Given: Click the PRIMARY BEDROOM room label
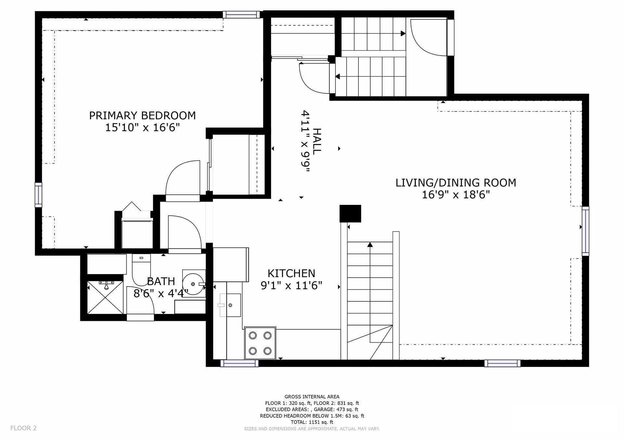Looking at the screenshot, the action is [x=142, y=116].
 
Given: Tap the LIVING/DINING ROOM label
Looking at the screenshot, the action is [x=456, y=183].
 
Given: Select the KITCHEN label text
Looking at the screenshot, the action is [x=291, y=273].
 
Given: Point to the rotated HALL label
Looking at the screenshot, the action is [x=317, y=141].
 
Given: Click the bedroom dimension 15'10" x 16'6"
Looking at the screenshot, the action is [x=142, y=128].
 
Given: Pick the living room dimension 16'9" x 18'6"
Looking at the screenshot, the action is [x=456, y=195].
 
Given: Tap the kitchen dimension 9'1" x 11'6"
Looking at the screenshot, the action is [x=291, y=285].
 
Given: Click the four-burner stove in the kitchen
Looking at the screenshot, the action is [x=260, y=343].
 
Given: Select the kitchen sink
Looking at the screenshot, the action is [x=230, y=305].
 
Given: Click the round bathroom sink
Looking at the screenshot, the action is [x=194, y=283].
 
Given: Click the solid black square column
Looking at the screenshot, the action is [x=350, y=213].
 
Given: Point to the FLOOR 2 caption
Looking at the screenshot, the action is [x=23, y=428].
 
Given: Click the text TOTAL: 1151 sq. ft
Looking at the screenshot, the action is [x=312, y=422].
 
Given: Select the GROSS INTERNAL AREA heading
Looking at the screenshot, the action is [x=312, y=397].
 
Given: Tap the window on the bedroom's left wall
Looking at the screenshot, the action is [x=38, y=195].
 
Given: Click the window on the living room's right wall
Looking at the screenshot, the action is [x=585, y=231].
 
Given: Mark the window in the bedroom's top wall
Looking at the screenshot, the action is [x=241, y=14].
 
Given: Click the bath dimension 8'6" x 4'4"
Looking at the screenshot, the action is [x=161, y=293].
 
